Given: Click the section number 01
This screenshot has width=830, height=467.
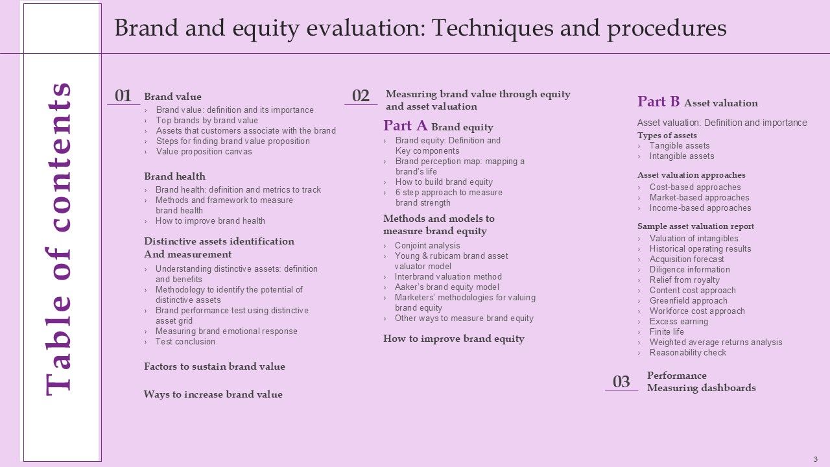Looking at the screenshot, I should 123,96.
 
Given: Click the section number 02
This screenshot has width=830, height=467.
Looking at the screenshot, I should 361,96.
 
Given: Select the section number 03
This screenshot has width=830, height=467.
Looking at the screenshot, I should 621,382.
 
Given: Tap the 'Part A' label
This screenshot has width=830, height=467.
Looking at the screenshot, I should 405,126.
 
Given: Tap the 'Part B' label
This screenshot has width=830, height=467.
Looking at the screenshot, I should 658,102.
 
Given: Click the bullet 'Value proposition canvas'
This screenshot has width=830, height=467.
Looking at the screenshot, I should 204,152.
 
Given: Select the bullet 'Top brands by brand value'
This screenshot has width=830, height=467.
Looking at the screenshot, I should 207,121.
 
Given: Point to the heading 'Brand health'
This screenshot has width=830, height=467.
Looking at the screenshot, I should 174,176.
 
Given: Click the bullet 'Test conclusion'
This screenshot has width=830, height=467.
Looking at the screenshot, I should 185,342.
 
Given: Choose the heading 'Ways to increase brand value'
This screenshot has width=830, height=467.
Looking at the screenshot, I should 213,394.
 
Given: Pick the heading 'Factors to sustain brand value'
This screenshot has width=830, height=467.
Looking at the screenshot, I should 214,366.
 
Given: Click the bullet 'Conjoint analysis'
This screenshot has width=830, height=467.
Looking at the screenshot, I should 427,246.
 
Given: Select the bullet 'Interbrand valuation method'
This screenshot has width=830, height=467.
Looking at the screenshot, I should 448,277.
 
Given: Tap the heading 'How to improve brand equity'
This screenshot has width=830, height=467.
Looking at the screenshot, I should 453,339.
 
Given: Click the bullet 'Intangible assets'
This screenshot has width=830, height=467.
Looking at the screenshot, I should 682,156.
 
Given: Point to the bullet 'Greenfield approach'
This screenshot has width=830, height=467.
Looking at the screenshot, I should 688,301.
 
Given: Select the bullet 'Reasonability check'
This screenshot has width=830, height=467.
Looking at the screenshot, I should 687,353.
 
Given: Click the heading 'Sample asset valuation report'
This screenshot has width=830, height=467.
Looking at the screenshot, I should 695,226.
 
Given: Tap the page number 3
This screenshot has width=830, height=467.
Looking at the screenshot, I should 815,459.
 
